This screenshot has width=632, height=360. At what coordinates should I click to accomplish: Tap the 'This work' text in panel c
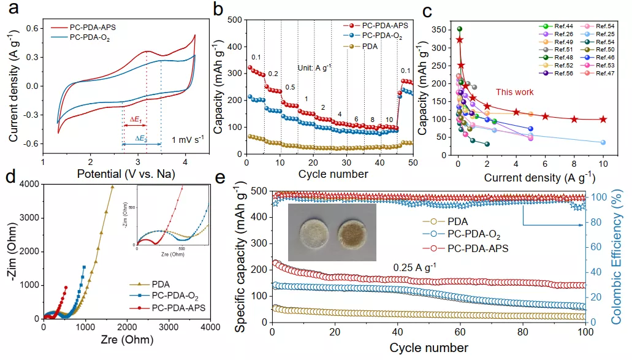click(x=514, y=92)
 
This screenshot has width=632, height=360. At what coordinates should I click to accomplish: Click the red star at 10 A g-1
click(x=603, y=120)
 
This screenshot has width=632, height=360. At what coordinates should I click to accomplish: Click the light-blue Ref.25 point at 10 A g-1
click(x=603, y=142)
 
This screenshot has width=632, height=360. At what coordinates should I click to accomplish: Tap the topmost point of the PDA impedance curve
click(x=112, y=187)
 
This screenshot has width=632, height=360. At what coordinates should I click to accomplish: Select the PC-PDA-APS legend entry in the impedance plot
click(x=170, y=307)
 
